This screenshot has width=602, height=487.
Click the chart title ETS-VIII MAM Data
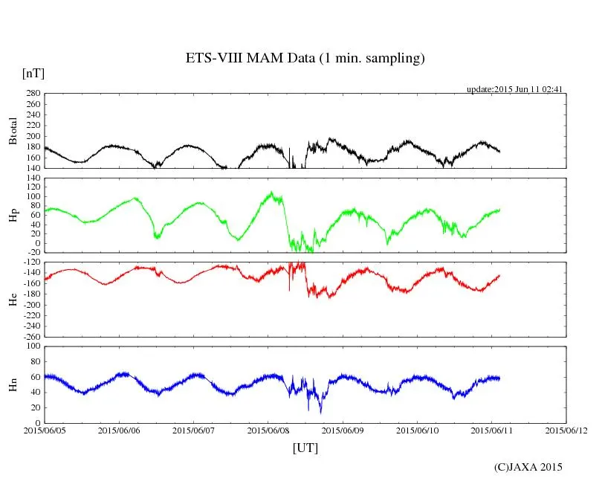[x=305, y=59]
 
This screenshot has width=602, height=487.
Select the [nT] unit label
[x=33, y=74]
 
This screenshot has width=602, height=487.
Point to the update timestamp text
[x=514, y=89]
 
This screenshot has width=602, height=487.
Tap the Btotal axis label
[x=13, y=130]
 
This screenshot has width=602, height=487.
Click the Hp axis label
[x=13, y=216]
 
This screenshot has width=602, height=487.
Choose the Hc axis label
[x=13, y=300]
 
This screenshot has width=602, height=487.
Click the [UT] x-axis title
[x=305, y=448]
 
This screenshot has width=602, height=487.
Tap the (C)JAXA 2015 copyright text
[x=528, y=468]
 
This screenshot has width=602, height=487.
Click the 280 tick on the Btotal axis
[x=32, y=94]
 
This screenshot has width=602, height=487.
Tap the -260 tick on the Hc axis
[x=30, y=336]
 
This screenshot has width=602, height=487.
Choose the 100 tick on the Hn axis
[x=33, y=346]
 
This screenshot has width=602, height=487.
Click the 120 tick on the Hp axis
[x=32, y=178]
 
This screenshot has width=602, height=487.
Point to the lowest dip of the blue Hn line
[x=320, y=413]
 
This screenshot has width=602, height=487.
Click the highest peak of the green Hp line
[x=272, y=192]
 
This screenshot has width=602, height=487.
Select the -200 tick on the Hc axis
[x=30, y=305]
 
